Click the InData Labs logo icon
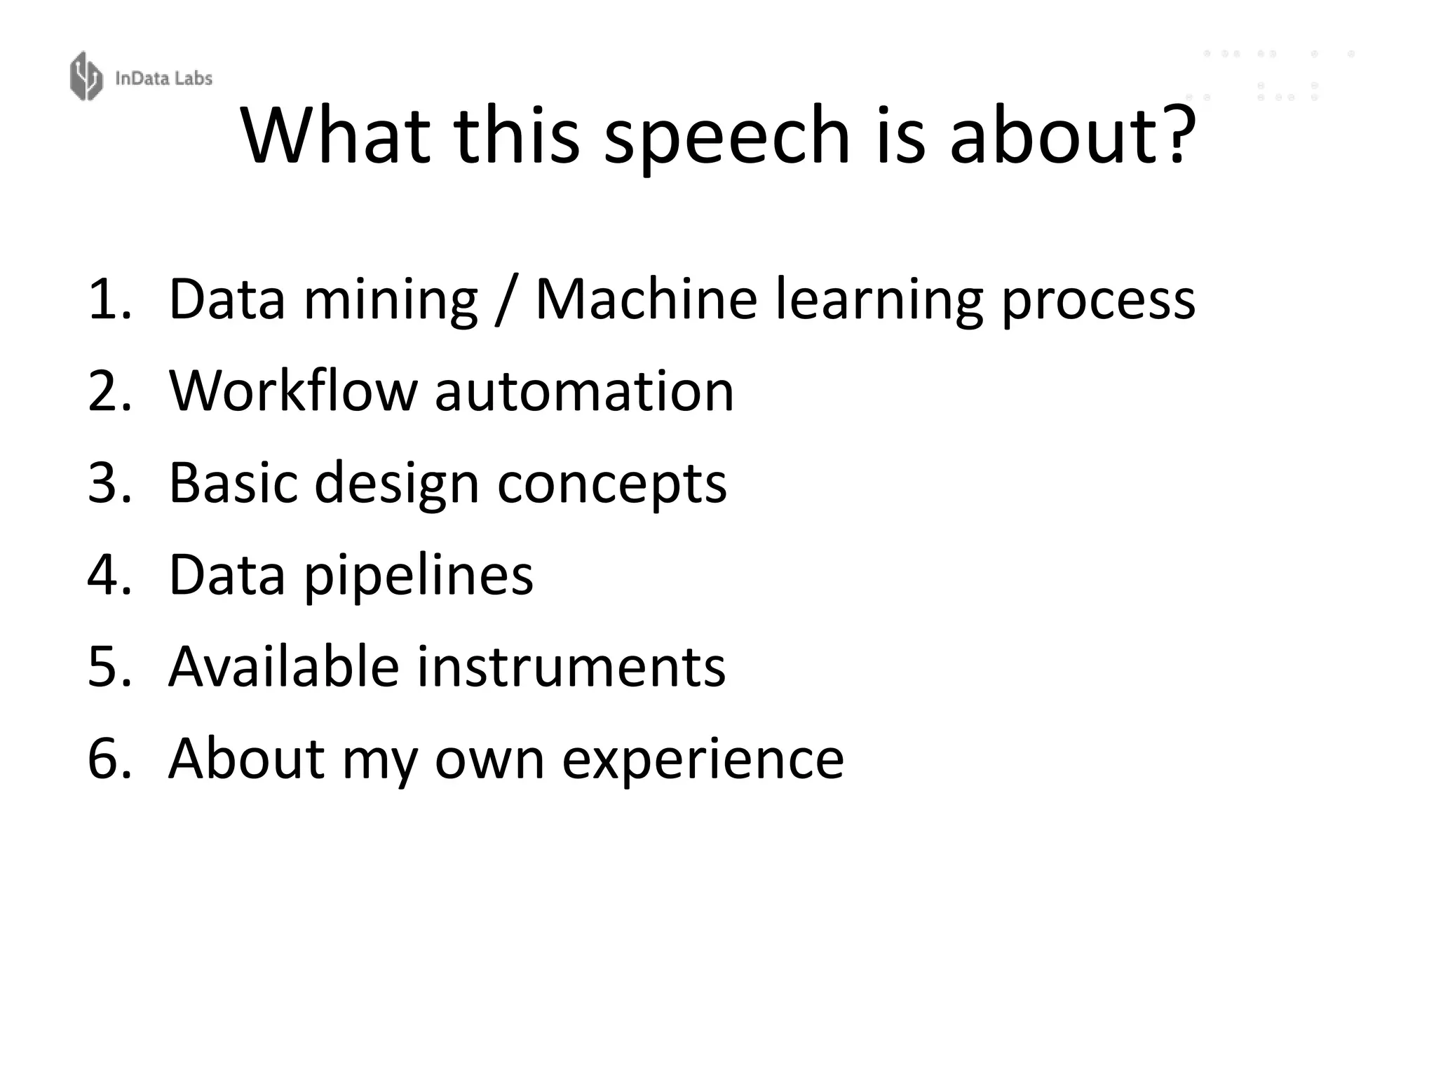(86, 76)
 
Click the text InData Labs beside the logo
(163, 78)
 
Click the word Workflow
(293, 391)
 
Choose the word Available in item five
(284, 665)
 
